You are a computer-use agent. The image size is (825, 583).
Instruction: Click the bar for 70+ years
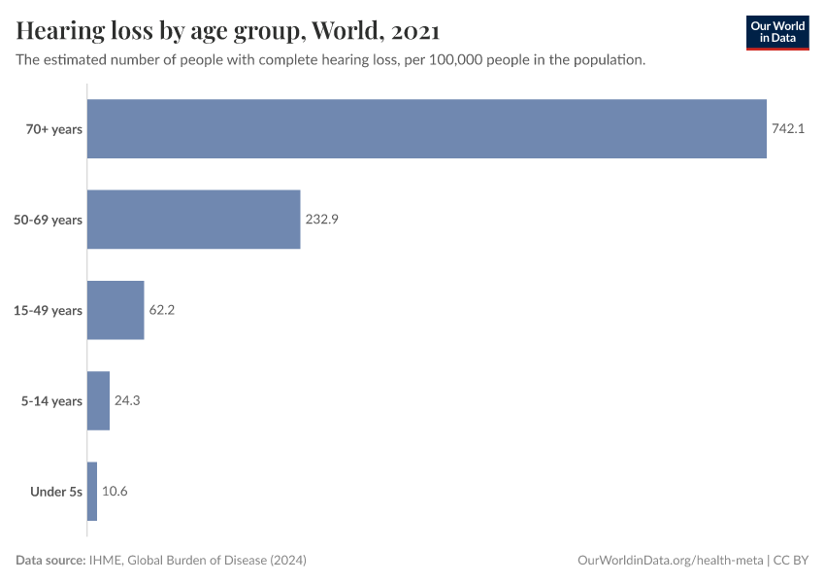coord(427,128)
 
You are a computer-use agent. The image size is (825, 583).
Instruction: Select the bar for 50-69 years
coord(194,220)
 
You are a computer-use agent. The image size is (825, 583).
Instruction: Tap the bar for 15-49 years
coord(115,310)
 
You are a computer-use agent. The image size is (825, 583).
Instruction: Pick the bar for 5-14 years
coord(98,400)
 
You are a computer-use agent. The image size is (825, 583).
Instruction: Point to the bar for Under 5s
coord(92,491)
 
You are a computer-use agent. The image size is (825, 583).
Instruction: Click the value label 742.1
coord(788,128)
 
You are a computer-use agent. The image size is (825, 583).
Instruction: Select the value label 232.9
coord(321,220)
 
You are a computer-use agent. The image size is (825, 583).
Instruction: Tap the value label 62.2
coord(161,310)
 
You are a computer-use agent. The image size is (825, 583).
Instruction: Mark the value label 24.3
coord(127,400)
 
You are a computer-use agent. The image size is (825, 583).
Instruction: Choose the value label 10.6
coord(115,491)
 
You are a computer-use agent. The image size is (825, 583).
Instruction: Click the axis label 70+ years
coord(54,128)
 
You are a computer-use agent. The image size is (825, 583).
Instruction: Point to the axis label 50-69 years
coord(49,220)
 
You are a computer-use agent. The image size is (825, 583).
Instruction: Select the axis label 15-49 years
coord(49,310)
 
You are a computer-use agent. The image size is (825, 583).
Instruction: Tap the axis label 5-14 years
coord(51,400)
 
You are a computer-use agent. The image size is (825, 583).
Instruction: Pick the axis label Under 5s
coord(56,491)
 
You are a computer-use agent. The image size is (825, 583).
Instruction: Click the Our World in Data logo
coord(777,32)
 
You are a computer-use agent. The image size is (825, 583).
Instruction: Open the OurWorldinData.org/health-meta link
coord(670,561)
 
